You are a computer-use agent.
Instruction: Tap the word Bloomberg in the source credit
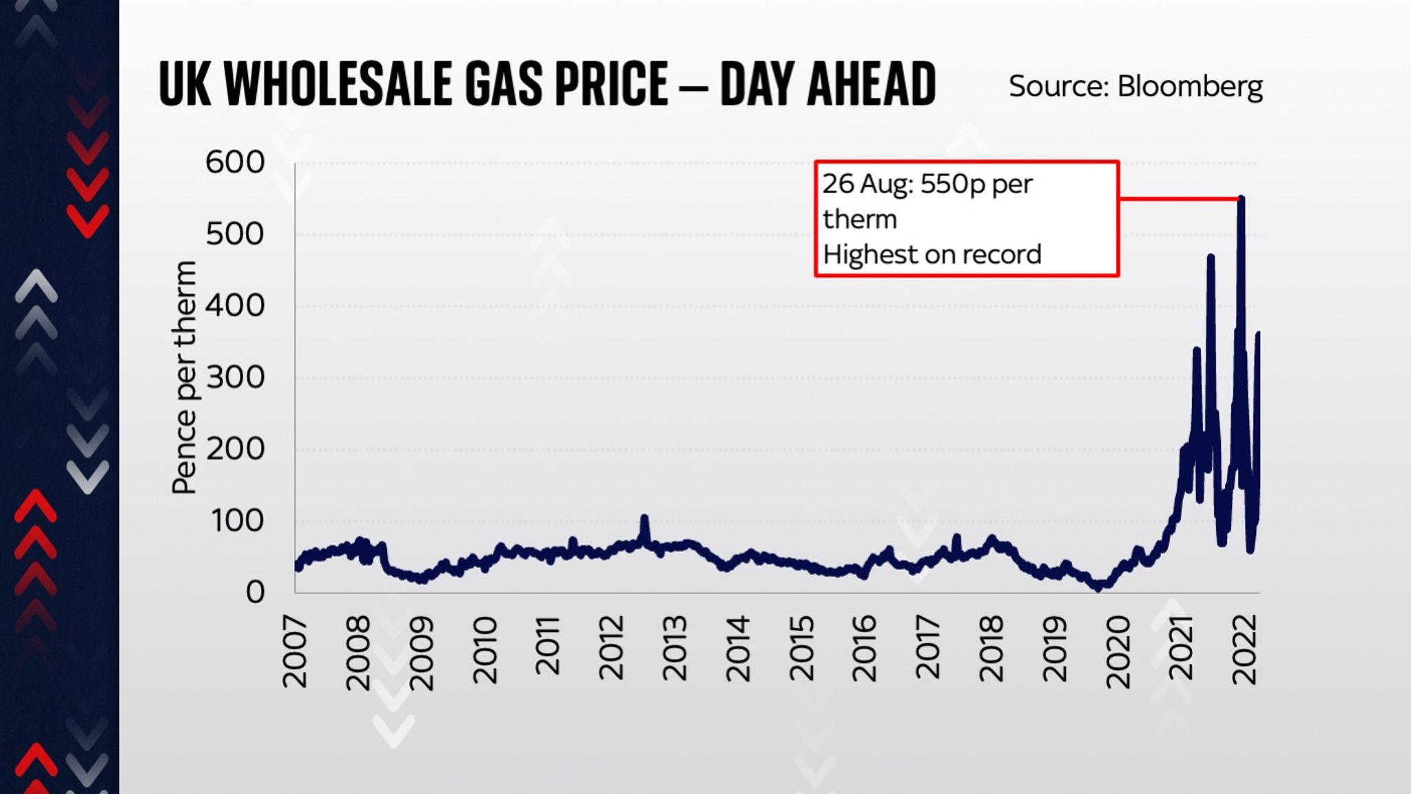pyautogui.click(x=1189, y=87)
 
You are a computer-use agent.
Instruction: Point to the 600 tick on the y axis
pyautogui.click(x=235, y=163)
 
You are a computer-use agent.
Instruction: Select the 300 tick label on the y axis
pyautogui.click(x=235, y=378)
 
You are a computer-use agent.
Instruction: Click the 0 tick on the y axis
pyautogui.click(x=255, y=592)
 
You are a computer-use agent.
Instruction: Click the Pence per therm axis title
pyautogui.click(x=184, y=378)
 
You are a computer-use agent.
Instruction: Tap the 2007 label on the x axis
pyautogui.click(x=296, y=651)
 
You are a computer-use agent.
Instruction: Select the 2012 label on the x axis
pyautogui.click(x=611, y=648)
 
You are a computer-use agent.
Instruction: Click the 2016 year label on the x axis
pyautogui.click(x=864, y=648)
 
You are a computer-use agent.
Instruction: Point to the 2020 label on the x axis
pyautogui.click(x=1118, y=651)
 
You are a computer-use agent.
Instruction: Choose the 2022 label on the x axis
pyautogui.click(x=1244, y=649)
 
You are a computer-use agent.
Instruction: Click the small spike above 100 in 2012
pyautogui.click(x=644, y=518)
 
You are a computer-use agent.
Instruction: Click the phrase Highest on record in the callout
pyautogui.click(x=931, y=255)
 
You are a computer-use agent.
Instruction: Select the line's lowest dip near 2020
pyautogui.click(x=1098, y=588)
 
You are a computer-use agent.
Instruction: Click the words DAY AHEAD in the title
pyautogui.click(x=827, y=83)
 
